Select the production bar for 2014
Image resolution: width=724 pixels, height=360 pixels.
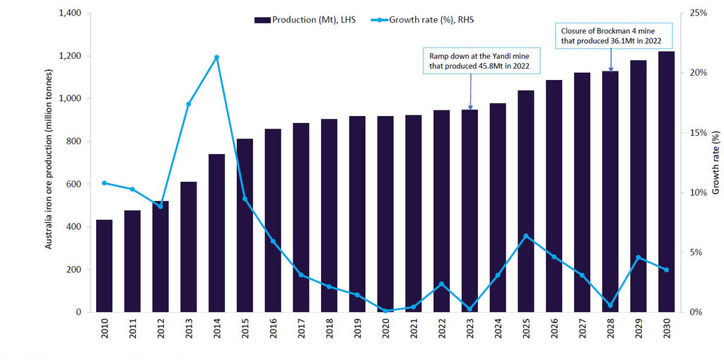(216, 233)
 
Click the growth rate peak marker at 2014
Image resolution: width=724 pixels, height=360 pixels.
(216, 57)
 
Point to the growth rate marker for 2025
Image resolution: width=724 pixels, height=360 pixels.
(525, 236)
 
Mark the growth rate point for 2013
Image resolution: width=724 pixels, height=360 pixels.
(189, 104)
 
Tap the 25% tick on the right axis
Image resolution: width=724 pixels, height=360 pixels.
(699, 13)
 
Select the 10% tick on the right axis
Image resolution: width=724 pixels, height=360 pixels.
(699, 193)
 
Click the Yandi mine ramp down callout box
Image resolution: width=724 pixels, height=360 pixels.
(480, 61)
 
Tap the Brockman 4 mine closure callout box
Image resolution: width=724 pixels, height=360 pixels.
(611, 36)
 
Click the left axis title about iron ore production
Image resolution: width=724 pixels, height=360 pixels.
(49, 158)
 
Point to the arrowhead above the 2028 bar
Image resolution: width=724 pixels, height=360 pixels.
(610, 69)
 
